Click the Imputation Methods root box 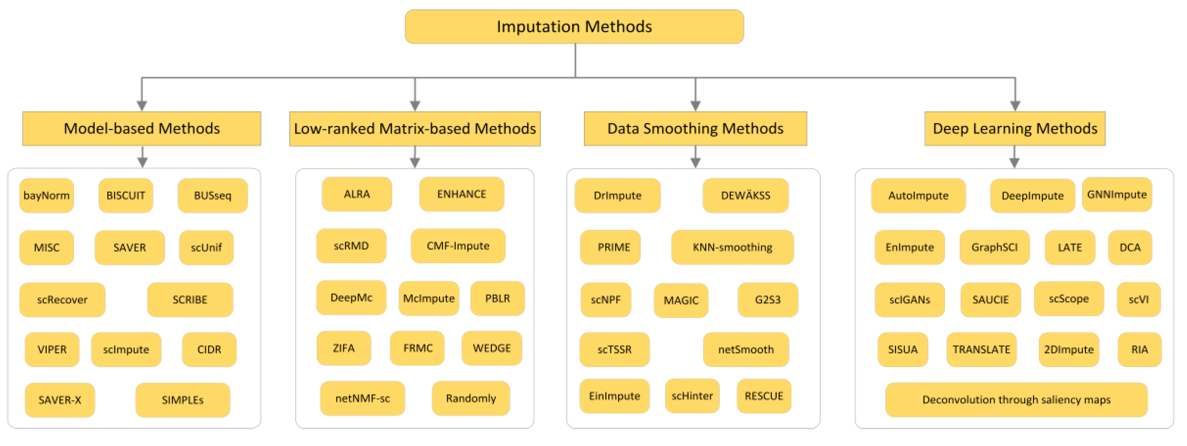(x=574, y=27)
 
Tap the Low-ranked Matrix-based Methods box (x=415, y=129)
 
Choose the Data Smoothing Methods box (x=695, y=129)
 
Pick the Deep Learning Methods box (x=1015, y=129)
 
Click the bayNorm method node (x=47, y=196)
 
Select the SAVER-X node (x=60, y=400)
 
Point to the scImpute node (x=126, y=350)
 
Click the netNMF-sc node (x=363, y=399)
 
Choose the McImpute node (x=429, y=298)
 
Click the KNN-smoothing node (x=732, y=247)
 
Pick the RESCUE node (x=763, y=396)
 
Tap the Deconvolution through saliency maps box (x=1016, y=400)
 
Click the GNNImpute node (x=1116, y=195)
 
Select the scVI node (x=1138, y=300)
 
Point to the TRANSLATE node (x=981, y=350)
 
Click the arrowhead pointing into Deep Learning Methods (x=1015, y=106)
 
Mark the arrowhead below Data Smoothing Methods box (x=695, y=162)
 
